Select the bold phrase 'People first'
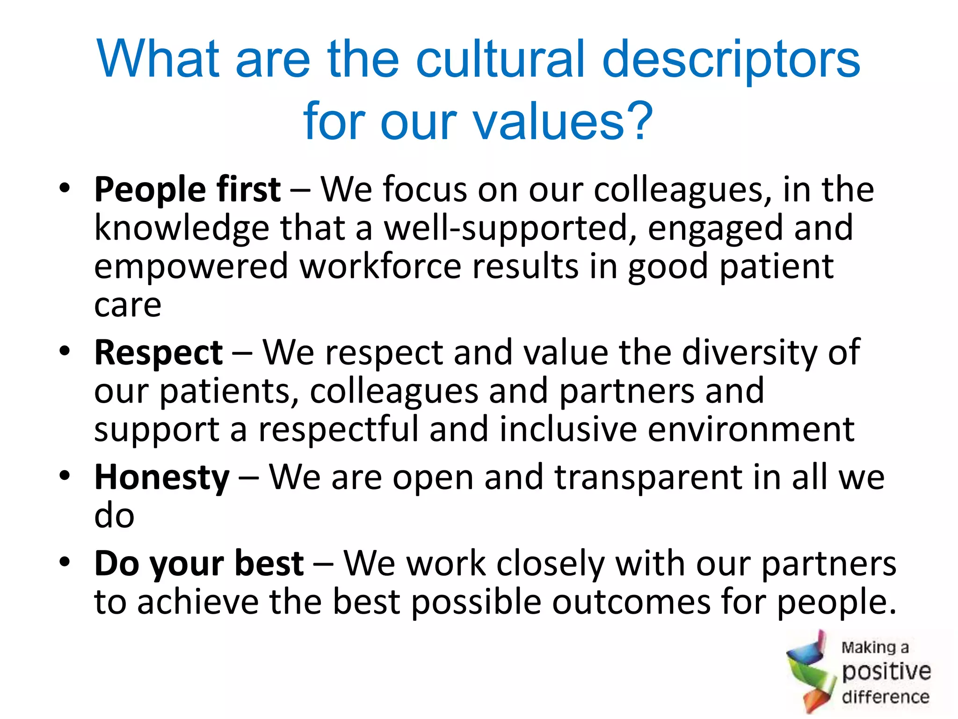(187, 190)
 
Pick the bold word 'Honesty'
(162, 477)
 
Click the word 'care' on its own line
(128, 305)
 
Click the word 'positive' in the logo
(886, 672)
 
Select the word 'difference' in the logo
(885, 697)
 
